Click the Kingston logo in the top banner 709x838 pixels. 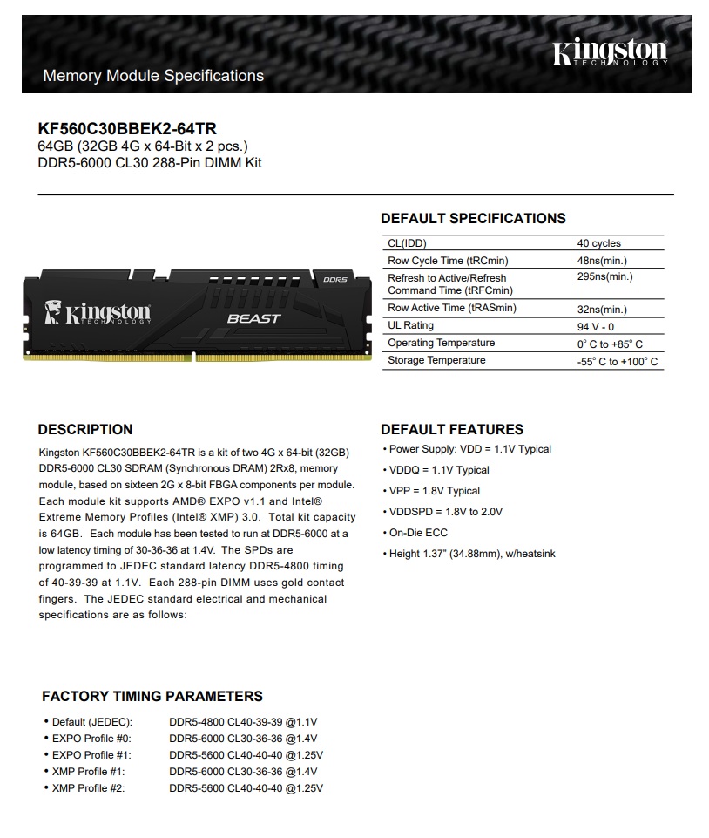pos(609,54)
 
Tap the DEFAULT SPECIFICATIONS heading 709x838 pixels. pos(473,219)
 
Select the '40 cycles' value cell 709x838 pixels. pos(598,243)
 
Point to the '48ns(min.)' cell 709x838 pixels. pos(602,261)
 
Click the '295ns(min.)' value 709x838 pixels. pos(604,277)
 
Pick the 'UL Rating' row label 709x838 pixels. pos(410,326)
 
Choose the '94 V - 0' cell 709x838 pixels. pos(596,326)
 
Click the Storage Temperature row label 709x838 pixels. pos(436,360)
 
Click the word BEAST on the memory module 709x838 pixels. pos(253,318)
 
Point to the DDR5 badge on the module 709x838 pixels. pos(334,280)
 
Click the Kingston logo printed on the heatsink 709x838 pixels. pos(98,312)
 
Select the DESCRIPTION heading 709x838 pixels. pos(85,430)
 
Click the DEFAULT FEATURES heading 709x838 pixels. pos(452,430)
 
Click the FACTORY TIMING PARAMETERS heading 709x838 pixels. pos(152,697)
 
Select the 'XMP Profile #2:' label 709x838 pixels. pos(88,788)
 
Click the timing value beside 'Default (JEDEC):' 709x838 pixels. pos(243,722)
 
